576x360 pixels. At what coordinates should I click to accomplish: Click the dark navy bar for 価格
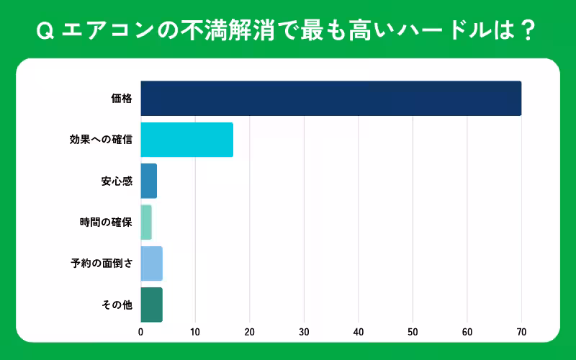click(x=330, y=99)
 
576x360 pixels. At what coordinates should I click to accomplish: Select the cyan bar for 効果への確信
click(x=186, y=140)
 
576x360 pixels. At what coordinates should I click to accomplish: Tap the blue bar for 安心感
click(x=148, y=181)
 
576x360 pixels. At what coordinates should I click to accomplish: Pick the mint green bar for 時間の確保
click(x=146, y=222)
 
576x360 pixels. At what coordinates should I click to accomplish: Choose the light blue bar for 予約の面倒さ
click(x=151, y=264)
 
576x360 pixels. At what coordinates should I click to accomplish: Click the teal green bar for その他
click(x=151, y=305)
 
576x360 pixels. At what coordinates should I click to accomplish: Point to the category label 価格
click(x=122, y=99)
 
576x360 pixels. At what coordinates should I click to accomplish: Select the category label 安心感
click(x=117, y=181)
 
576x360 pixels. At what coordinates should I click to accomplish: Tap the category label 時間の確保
click(x=106, y=222)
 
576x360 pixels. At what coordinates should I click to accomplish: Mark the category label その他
click(x=117, y=305)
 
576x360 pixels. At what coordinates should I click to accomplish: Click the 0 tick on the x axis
click(x=140, y=333)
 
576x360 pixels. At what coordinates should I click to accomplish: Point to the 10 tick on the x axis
click(x=195, y=333)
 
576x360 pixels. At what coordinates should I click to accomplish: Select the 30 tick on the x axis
click(x=304, y=333)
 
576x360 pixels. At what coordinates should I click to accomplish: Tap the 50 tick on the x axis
click(x=413, y=333)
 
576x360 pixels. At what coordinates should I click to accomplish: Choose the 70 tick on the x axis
click(x=521, y=333)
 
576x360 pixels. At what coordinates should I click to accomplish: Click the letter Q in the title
click(x=45, y=30)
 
